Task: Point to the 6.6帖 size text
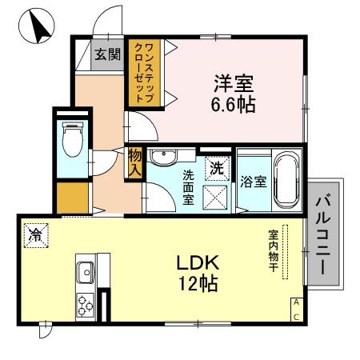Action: [234, 104]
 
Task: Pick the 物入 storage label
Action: [134, 163]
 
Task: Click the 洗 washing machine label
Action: [217, 168]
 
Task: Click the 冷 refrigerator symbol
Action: [36, 234]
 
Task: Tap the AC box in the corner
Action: [296, 310]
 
